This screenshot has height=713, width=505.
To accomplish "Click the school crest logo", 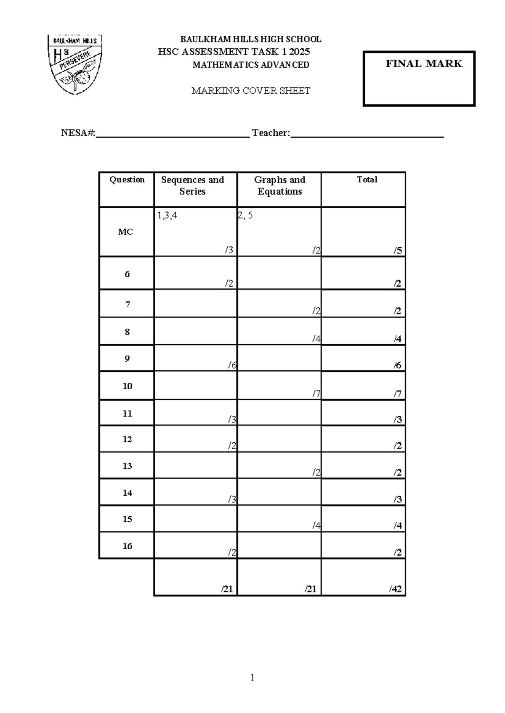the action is coord(74,64).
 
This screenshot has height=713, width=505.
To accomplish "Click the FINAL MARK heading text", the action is coord(424,64).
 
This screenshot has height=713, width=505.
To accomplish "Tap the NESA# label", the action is coord(78,133).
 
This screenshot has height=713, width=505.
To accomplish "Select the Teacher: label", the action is coord(271,133).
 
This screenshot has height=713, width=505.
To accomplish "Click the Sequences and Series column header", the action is coord(192,185).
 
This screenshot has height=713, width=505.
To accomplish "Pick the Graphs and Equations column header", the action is coord(279,185).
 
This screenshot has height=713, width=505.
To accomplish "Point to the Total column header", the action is coord(367,180).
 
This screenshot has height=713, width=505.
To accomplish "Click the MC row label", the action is coord(125,232).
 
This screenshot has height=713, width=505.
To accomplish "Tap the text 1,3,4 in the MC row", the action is coord(167,216).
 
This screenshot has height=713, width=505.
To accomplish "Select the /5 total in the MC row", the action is coord(398,251).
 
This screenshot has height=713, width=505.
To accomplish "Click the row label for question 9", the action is coord(127,359).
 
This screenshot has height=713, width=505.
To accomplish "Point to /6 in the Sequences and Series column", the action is coord(232,365).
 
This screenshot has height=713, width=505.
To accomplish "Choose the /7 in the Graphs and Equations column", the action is coord(316,394).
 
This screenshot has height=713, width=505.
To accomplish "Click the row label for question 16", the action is coord(127,546).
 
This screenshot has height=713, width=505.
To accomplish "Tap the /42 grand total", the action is coord(395,589).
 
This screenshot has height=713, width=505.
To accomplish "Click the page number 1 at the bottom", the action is coord(252,677).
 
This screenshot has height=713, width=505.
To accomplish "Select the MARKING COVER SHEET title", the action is coord(251,91).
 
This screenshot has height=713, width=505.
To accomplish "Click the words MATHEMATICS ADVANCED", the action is coord(251,65).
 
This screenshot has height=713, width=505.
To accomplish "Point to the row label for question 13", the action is coord(127,466).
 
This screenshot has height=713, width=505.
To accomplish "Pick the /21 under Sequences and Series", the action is coord(227,589).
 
